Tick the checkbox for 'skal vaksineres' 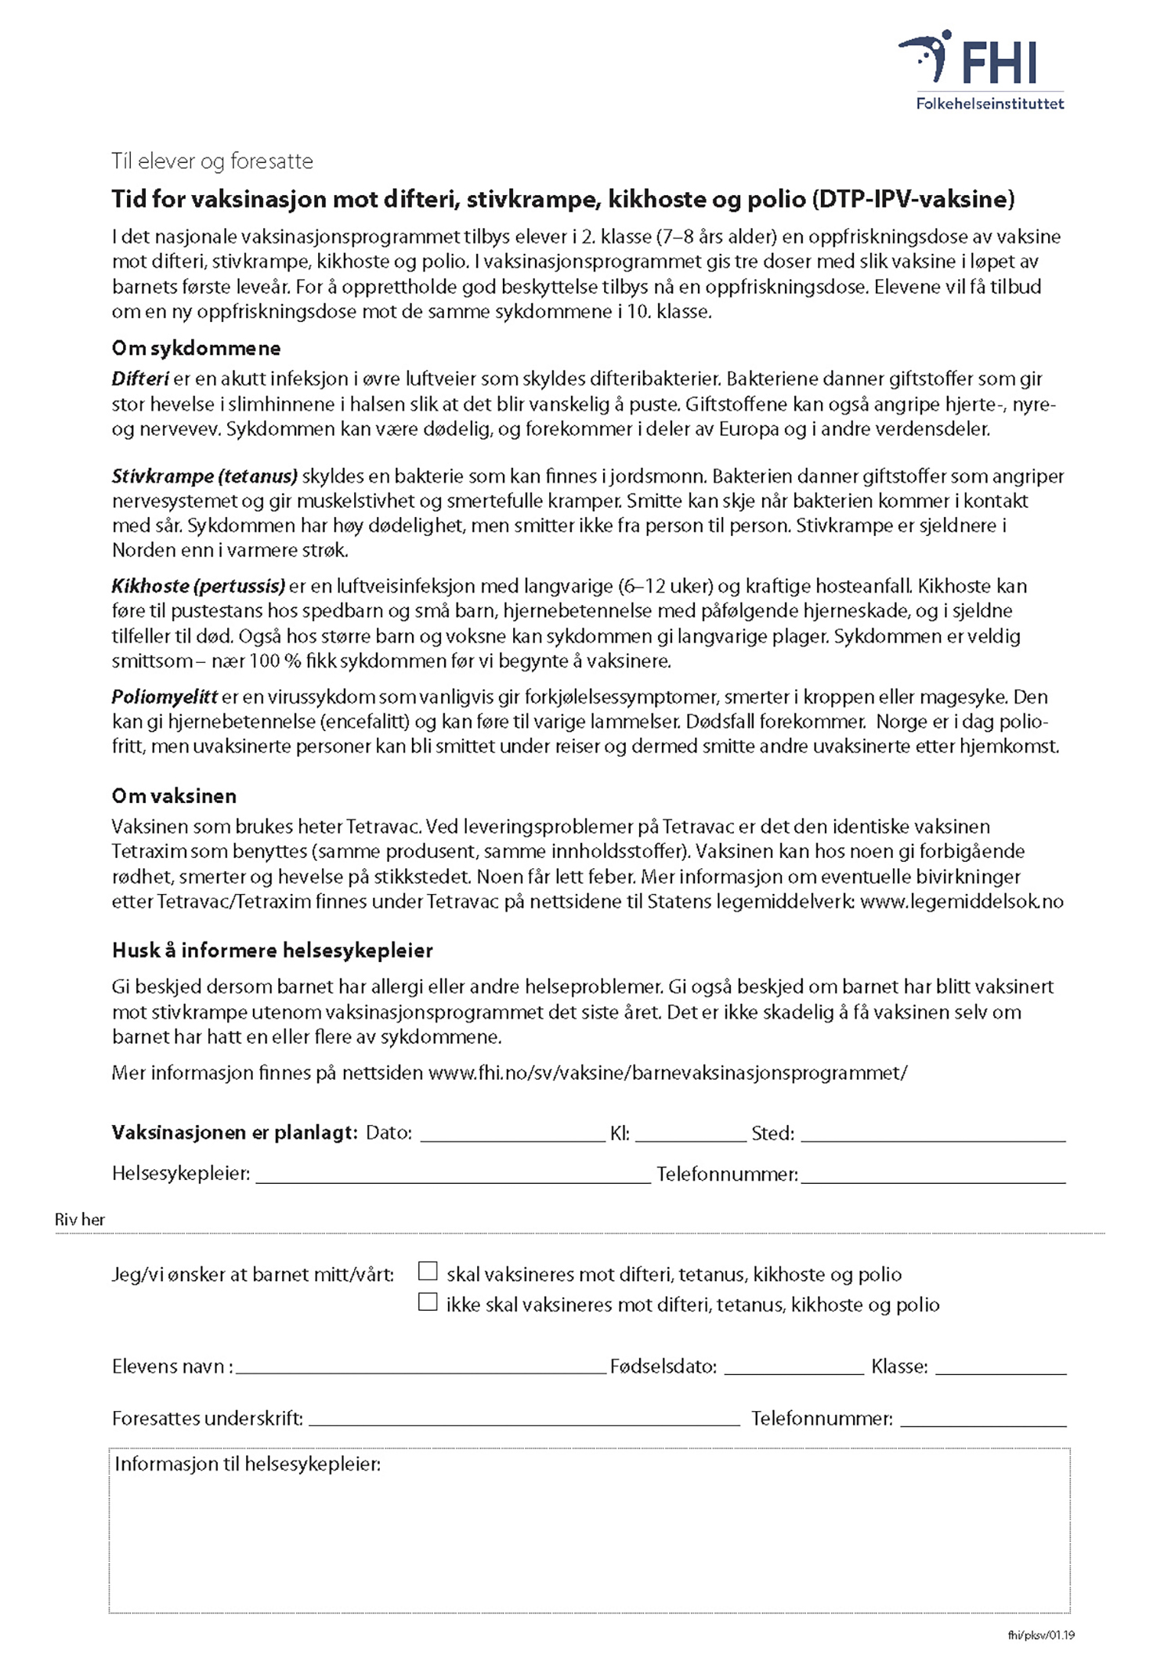click(428, 1271)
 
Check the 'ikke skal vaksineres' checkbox click(428, 1301)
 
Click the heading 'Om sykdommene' click(196, 348)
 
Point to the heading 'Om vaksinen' click(174, 796)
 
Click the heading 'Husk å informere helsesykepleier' click(272, 950)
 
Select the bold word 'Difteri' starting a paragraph click(140, 379)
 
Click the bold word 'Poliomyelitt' click(164, 697)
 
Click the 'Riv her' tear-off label click(79, 1219)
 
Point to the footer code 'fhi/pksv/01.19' click(1041, 1634)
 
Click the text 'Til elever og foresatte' click(212, 161)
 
